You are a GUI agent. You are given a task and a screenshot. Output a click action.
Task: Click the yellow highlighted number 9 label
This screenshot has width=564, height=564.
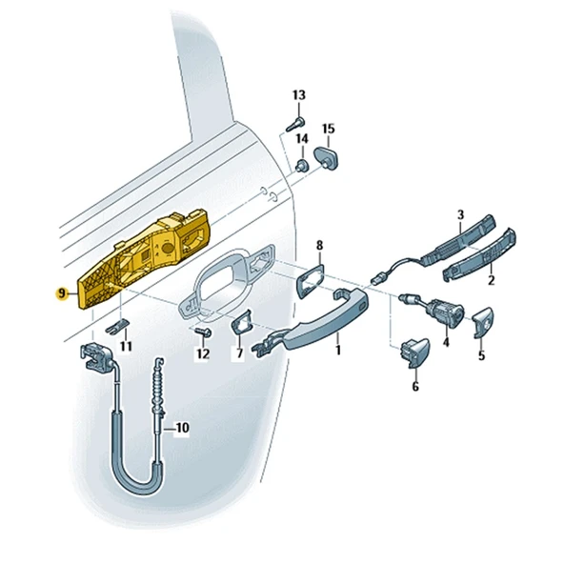[x=62, y=293]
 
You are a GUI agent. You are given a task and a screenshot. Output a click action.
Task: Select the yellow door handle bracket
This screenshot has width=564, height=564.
[x=144, y=258]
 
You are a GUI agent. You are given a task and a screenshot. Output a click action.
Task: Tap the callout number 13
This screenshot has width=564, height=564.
[x=299, y=95]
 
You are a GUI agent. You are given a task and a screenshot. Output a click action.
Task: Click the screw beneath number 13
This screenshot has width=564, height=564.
[x=295, y=124]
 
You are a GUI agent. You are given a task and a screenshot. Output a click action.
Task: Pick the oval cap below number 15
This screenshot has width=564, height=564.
[x=326, y=157]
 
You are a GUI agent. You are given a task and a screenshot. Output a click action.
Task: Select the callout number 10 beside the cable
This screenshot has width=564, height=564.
[x=182, y=428]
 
